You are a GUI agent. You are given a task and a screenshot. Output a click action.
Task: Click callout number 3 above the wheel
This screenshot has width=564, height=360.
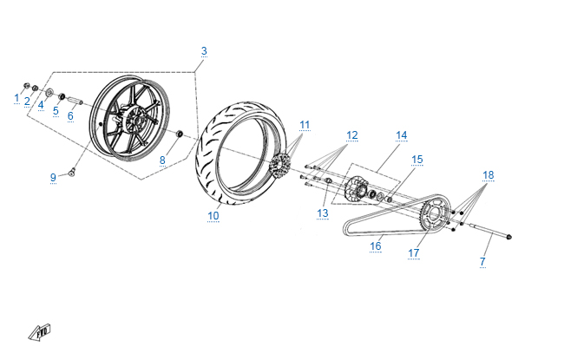click(204, 51)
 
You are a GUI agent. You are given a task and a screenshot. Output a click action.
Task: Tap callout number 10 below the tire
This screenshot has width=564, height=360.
click(213, 216)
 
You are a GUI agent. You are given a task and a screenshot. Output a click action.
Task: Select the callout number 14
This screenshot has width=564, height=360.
click(402, 135)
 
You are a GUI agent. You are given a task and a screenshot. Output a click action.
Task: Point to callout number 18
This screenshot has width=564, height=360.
click(489, 175)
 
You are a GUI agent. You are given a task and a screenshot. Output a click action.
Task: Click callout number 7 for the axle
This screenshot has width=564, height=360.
click(482, 261)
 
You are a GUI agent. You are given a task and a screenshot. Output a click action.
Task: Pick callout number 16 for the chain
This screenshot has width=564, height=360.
click(376, 246)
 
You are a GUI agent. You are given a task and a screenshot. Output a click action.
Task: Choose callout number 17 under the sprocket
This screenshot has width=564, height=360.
click(414, 253)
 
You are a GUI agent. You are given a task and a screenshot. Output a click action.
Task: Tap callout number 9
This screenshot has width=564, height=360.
click(53, 177)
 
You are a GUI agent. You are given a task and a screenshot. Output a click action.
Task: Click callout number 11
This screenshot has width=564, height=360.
click(305, 125)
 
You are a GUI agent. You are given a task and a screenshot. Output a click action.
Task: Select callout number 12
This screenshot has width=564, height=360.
click(352, 135)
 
